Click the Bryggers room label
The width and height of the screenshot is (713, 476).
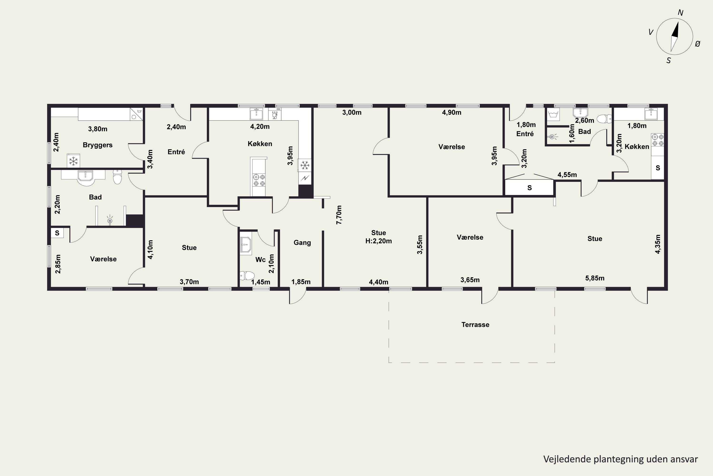(98, 145)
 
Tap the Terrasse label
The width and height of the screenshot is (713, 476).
(475, 325)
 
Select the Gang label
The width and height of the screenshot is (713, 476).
(302, 243)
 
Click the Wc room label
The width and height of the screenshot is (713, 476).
(260, 260)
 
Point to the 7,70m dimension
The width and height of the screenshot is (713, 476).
(339, 215)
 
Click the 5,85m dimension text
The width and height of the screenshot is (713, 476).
(595, 278)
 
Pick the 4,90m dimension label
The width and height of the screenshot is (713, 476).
(452, 113)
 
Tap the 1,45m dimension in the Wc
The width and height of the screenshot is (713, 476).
(261, 282)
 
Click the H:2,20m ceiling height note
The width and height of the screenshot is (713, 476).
(379, 241)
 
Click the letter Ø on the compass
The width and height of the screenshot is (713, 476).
(698, 44)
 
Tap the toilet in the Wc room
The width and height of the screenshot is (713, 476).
(247, 276)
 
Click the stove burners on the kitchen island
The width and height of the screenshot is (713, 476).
(259, 180)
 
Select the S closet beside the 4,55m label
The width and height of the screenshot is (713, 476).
(529, 188)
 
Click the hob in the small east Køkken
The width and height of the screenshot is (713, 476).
(658, 140)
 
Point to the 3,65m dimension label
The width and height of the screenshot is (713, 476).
(470, 280)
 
